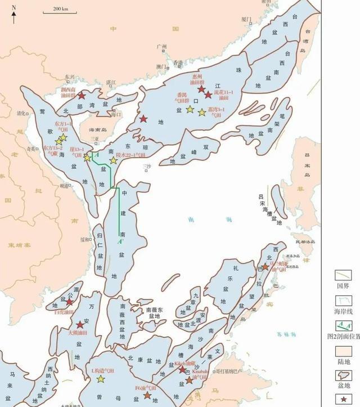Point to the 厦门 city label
coord(246,19)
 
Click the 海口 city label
coord(117,114)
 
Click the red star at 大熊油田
coord(79,325)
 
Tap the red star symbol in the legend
coord(342,399)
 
